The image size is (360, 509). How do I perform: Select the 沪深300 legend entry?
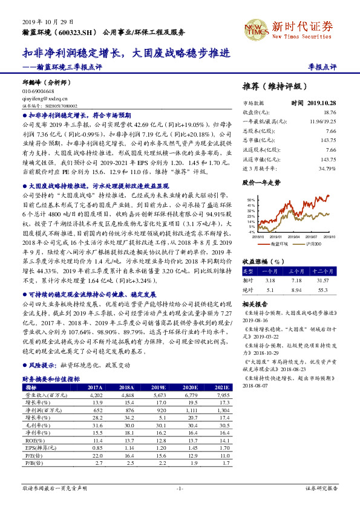pos(313,243)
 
